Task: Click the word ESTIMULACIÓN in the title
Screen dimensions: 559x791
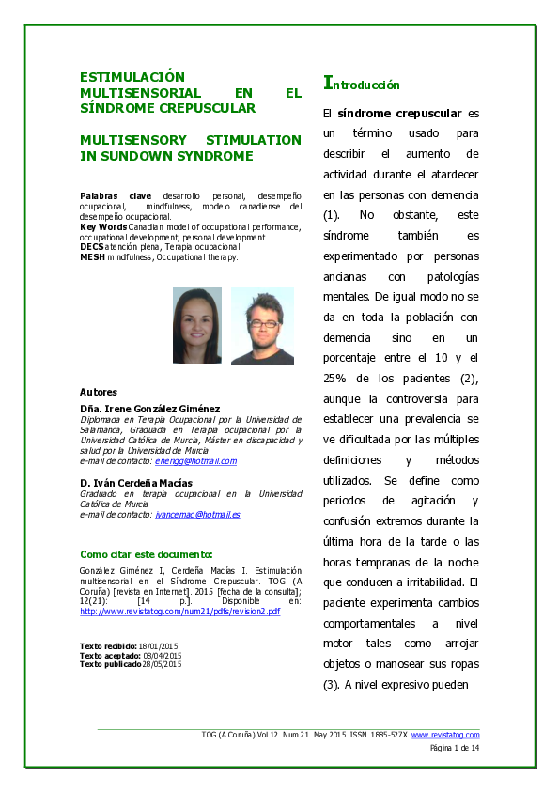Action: click(132, 77)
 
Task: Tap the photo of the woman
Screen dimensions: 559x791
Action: click(197, 325)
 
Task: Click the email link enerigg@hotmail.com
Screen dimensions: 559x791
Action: click(196, 461)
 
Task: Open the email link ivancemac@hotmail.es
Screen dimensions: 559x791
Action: click(199, 515)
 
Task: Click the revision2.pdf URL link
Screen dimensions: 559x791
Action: click(180, 612)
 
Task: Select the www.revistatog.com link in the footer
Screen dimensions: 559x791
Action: click(445, 735)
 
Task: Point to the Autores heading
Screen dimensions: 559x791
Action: click(99, 392)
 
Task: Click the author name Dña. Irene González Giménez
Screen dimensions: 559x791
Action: click(150, 409)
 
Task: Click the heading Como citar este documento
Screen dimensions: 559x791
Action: click(147, 554)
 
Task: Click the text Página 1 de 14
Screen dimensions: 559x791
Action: click(455, 748)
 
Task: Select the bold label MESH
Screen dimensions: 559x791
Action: click(91, 256)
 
